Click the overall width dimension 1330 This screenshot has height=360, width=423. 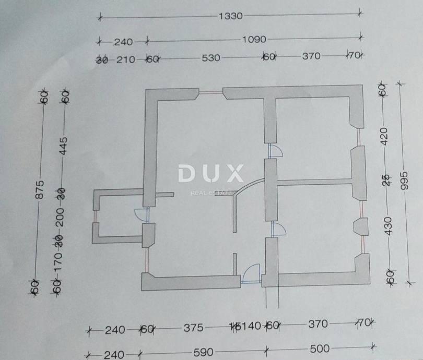click(x=230, y=16)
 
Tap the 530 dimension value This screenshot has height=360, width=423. click(x=211, y=57)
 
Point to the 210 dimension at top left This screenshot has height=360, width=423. click(x=125, y=59)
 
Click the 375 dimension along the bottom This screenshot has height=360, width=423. click(x=193, y=328)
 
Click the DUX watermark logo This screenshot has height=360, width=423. click(x=211, y=174)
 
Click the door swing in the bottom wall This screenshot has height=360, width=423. click(x=252, y=272)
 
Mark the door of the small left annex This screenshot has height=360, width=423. click(x=141, y=215)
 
